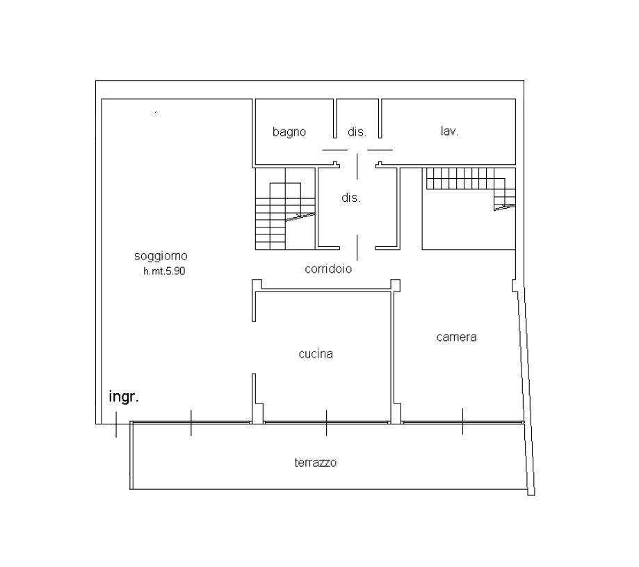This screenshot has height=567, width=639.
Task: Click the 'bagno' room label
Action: click(x=289, y=132)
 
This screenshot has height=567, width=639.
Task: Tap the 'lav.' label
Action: click(x=449, y=131)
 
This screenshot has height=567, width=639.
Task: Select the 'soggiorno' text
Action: click(x=161, y=256)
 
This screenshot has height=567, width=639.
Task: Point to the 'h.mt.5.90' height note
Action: click(x=164, y=271)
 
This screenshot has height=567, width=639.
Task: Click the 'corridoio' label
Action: click(x=328, y=269)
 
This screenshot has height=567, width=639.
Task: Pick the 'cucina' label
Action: click(x=316, y=354)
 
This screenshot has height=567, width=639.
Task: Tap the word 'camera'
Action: click(x=456, y=337)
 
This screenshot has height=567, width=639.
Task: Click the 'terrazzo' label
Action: click(x=316, y=463)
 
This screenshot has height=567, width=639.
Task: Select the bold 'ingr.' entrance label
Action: click(x=124, y=397)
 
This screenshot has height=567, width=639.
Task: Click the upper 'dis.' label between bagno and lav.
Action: click(x=357, y=131)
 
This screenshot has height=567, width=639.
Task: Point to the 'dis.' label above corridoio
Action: click(x=351, y=198)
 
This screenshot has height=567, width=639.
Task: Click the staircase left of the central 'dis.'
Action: click(x=285, y=209)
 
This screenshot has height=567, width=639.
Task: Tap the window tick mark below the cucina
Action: click(x=326, y=423)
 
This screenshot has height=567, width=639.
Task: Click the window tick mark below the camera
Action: click(x=462, y=421)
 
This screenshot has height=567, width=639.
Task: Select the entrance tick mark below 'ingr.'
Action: click(x=116, y=424)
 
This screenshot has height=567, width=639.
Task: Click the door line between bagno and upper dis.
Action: click(x=335, y=150)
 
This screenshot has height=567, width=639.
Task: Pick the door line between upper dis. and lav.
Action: click(x=380, y=150)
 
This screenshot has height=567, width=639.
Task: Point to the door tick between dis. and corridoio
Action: click(x=357, y=248)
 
